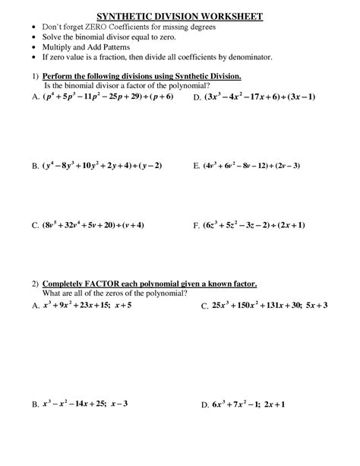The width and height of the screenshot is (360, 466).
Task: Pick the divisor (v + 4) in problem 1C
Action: coord(130,225)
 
